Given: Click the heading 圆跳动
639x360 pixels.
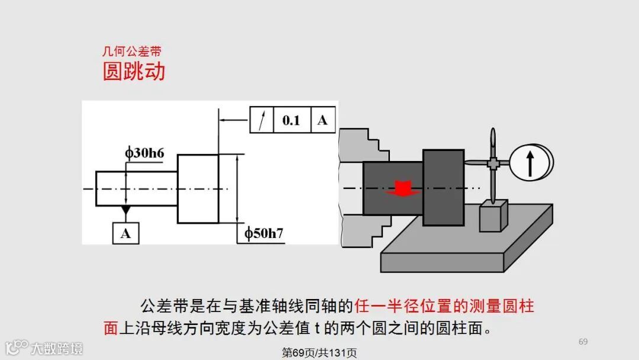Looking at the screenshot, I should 134,72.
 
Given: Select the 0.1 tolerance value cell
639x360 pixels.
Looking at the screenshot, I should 291,120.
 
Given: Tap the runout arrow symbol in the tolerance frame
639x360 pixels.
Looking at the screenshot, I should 262,120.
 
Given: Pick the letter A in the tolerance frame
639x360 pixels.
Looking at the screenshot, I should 322,120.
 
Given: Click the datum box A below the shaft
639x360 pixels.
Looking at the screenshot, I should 125,233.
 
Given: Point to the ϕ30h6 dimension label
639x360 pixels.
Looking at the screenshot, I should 144,153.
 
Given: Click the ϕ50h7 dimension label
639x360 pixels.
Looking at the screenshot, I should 264,233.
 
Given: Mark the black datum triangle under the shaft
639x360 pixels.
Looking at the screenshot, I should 125,210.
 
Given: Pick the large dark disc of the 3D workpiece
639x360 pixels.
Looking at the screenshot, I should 443,188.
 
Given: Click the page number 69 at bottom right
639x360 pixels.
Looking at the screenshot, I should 583,342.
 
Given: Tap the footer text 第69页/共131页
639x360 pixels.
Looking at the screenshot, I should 319,353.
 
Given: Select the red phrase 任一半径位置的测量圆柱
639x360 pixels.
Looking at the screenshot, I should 444,306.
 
